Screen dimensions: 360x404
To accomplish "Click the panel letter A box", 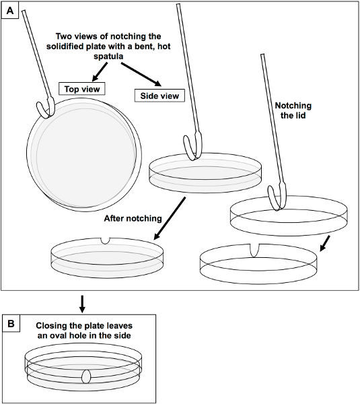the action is click(x=10, y=11).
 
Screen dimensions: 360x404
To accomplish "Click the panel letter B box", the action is click(x=11, y=323).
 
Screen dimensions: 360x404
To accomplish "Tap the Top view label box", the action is click(x=82, y=89).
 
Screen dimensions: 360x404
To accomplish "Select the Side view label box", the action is click(x=159, y=96).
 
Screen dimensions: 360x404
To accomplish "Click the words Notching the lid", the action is click(x=293, y=110).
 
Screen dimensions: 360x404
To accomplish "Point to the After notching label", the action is click(x=133, y=218).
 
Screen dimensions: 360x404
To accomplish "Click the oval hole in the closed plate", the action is click(x=86, y=376).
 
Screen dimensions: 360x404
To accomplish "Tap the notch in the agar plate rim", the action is click(x=105, y=240).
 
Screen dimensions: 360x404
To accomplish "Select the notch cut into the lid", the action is click(x=254, y=250).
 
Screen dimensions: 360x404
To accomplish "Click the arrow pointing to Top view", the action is click(x=100, y=71).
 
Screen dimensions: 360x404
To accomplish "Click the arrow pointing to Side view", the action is click(x=141, y=75).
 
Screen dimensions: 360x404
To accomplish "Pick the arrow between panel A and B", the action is click(x=82, y=304).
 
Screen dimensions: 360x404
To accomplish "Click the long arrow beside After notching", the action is click(x=170, y=218).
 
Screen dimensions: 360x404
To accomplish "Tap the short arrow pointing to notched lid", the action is click(x=325, y=243).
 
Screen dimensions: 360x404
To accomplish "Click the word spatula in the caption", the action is click(x=108, y=56).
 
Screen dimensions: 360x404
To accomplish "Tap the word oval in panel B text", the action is click(x=52, y=335).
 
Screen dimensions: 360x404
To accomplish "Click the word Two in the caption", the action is click(x=63, y=36).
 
